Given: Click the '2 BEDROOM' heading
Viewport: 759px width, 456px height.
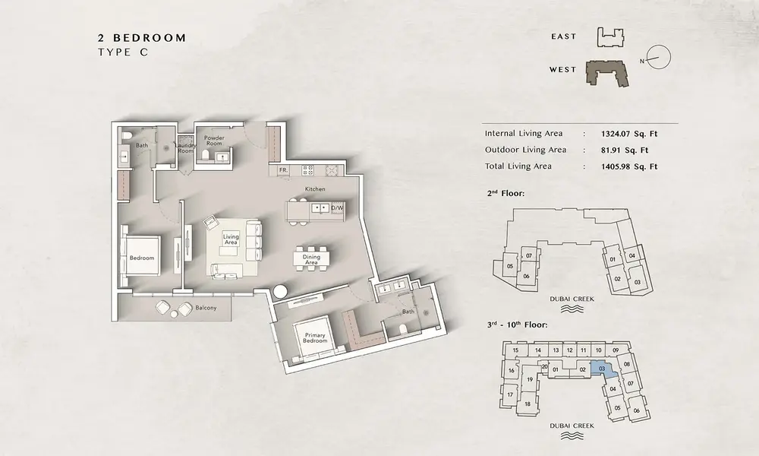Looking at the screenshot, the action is [142, 38].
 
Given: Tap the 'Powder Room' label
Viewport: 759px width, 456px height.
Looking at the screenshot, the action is [214, 141].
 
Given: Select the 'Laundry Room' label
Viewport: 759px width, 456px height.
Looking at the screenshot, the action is [185, 147].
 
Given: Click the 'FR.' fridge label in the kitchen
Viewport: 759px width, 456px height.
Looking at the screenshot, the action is [284, 170].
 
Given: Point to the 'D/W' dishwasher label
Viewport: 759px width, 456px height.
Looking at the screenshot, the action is [337, 208].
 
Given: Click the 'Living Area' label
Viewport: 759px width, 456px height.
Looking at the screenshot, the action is [231, 239].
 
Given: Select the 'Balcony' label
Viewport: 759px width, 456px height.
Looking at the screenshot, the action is [206, 308].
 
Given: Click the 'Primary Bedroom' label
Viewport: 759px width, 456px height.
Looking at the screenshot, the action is [315, 337].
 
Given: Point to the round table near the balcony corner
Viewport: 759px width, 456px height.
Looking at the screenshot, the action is [280, 292].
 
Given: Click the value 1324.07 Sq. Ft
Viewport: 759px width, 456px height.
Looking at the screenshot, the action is [629, 134].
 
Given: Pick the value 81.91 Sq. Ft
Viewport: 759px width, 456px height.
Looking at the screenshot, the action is [625, 150].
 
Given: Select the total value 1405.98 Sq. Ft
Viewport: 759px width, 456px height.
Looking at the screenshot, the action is [629, 166].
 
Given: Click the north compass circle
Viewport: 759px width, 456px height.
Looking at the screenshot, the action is [659, 58].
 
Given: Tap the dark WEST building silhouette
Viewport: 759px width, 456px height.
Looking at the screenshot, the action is [607, 74].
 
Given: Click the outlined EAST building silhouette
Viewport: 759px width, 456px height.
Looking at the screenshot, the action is [610, 37].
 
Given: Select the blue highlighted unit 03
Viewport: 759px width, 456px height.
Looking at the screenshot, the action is [603, 370].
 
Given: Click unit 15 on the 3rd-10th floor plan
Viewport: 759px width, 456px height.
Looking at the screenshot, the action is [515, 350].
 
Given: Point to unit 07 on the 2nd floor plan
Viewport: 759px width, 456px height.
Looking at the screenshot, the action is [529, 255].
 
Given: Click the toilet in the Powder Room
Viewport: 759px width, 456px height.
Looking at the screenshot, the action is [205, 155].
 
